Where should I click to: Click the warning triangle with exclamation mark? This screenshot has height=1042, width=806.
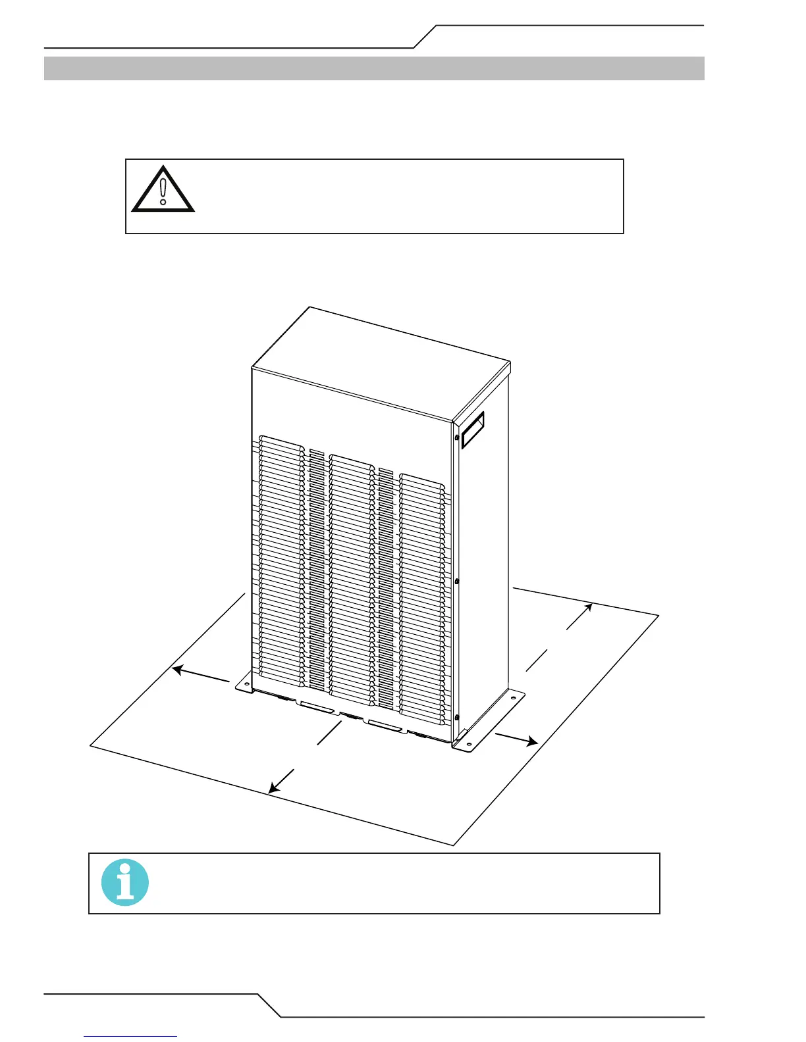[163, 190]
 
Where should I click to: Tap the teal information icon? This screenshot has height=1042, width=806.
[125, 883]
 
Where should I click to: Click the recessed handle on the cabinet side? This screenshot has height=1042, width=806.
[473, 430]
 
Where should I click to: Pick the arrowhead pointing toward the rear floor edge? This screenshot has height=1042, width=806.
[587, 607]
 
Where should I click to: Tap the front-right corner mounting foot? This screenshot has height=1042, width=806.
[465, 743]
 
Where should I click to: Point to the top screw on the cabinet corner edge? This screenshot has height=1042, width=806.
[457, 437]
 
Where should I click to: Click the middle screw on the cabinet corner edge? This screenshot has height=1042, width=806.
[457, 582]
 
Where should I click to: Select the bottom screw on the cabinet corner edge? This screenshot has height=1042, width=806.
[457, 717]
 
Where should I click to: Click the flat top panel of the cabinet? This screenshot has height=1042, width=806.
[382, 362]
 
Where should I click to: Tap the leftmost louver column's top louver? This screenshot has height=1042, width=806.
[281, 439]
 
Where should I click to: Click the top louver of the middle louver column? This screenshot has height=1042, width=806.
[351, 458]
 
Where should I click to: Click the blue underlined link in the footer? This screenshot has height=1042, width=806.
[131, 1036]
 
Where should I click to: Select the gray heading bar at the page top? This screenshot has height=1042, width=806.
[374, 68]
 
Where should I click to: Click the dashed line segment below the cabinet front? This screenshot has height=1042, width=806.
[328, 733]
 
